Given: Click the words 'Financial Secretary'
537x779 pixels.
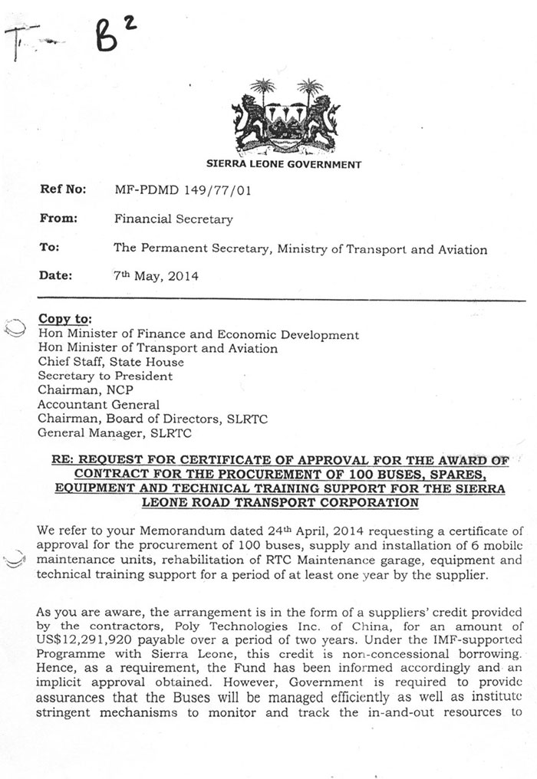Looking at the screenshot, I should click(x=173, y=219).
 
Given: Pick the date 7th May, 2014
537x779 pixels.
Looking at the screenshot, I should click(x=156, y=276).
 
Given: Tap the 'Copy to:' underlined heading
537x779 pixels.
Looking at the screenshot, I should click(x=64, y=319).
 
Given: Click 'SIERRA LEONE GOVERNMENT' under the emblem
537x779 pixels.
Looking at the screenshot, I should click(x=284, y=164).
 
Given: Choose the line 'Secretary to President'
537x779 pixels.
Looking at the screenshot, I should click(x=105, y=376).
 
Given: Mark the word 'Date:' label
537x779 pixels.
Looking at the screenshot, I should click(x=55, y=276).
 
